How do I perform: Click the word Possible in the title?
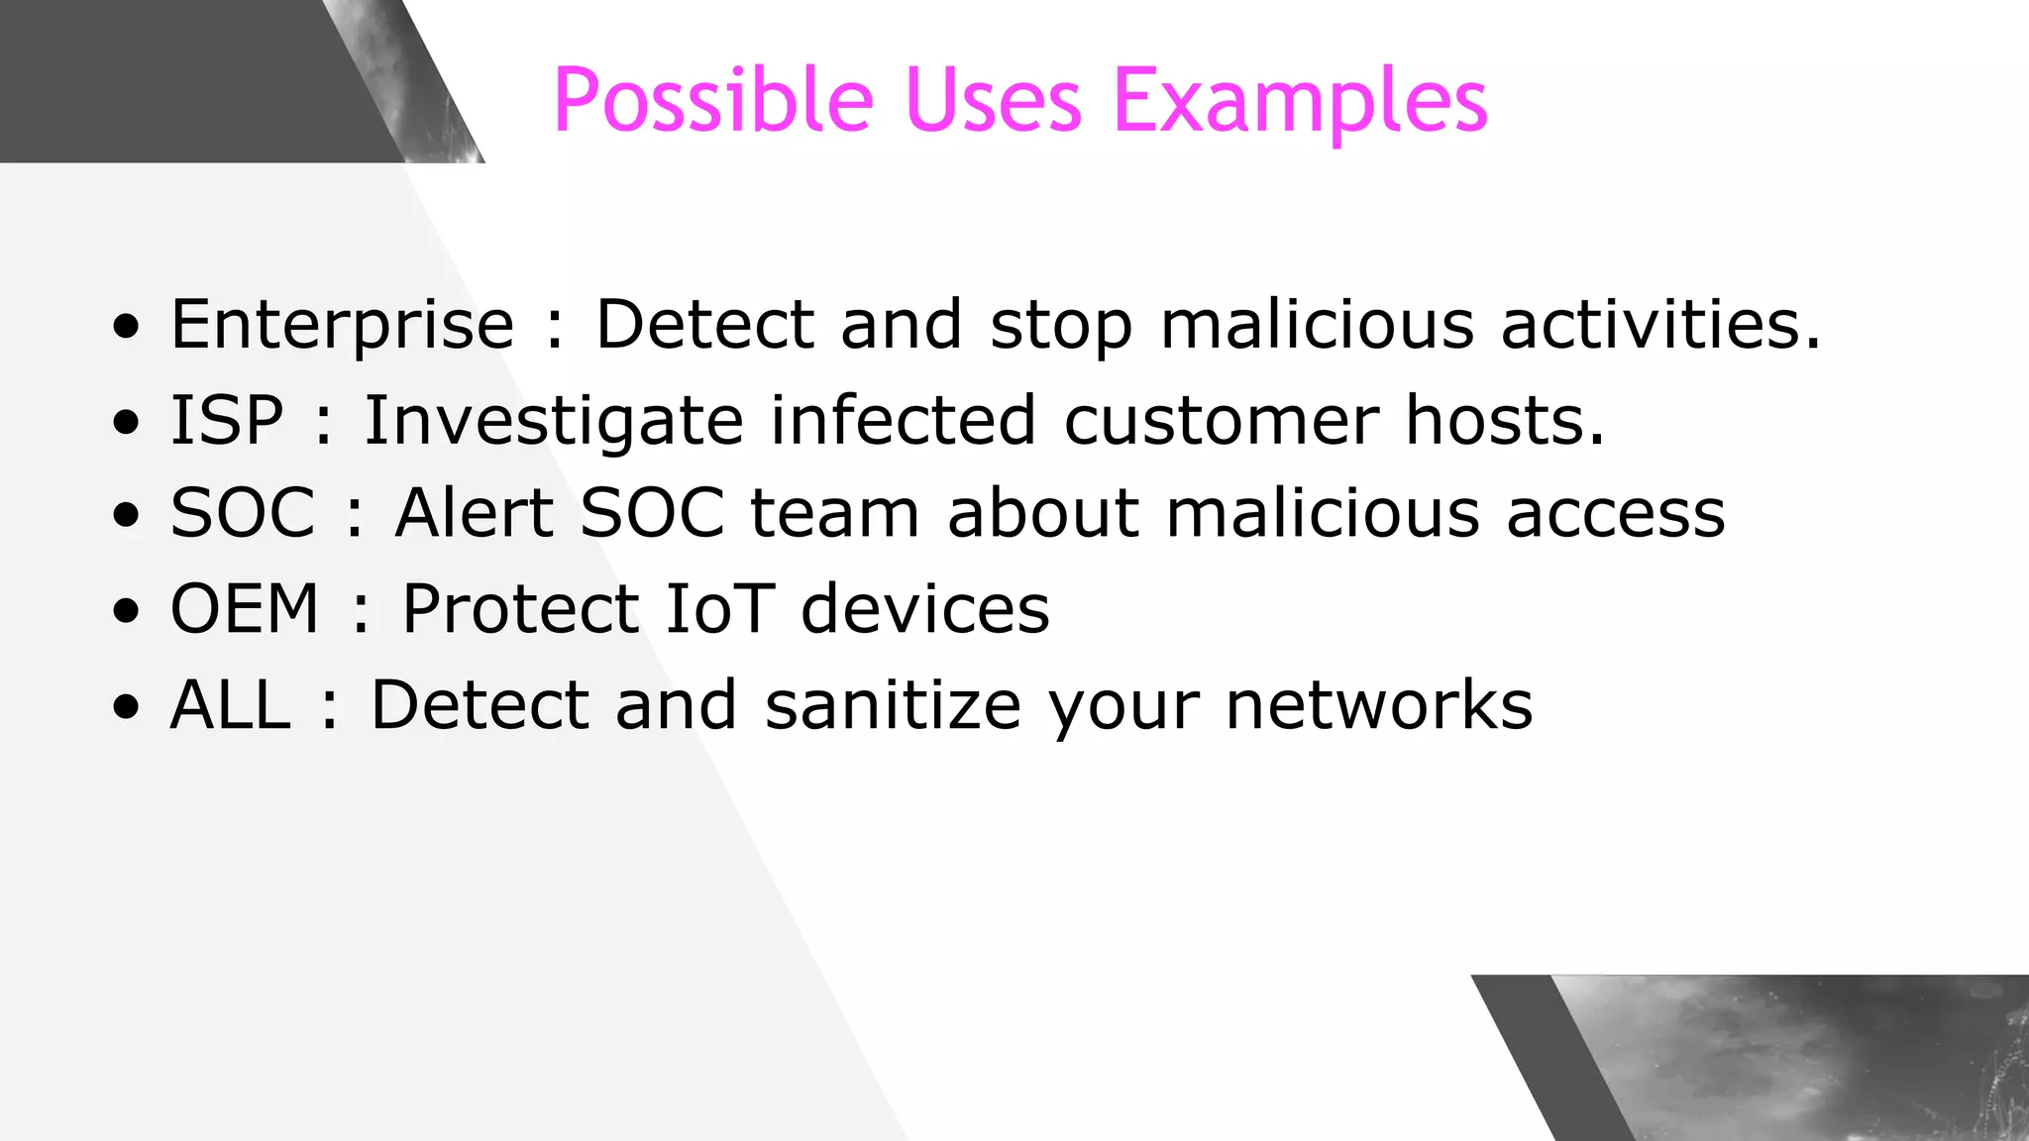click(713, 101)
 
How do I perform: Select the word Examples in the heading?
click(1300, 101)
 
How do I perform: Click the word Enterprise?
click(343, 325)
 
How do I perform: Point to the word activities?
click(1660, 325)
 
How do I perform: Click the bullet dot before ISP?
click(127, 422)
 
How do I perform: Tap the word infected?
click(904, 421)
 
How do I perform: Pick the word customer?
click(1221, 421)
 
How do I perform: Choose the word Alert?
click(474, 513)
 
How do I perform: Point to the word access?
click(1616, 513)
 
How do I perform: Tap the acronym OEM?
click(245, 608)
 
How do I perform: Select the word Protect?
click(520, 608)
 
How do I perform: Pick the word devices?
click(924, 608)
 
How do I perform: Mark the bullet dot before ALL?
click(127, 707)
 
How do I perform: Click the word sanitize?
click(893, 705)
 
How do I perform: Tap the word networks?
click(1379, 705)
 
